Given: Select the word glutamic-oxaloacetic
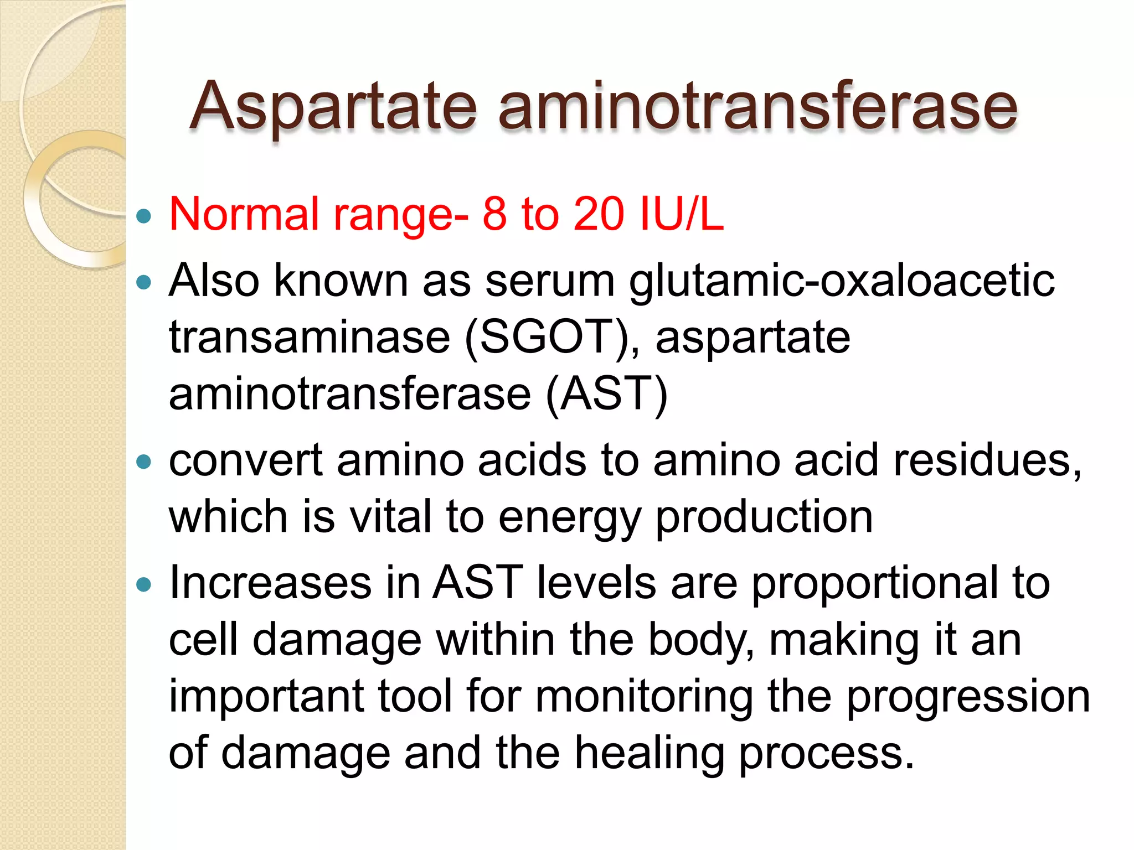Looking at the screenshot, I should [x=842, y=281].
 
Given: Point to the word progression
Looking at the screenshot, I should [x=968, y=697].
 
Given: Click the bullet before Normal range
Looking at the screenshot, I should [x=143, y=216].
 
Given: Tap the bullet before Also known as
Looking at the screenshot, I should [x=143, y=283].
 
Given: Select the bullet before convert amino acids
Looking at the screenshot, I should [x=143, y=462].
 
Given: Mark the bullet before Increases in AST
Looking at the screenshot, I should [x=143, y=584].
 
